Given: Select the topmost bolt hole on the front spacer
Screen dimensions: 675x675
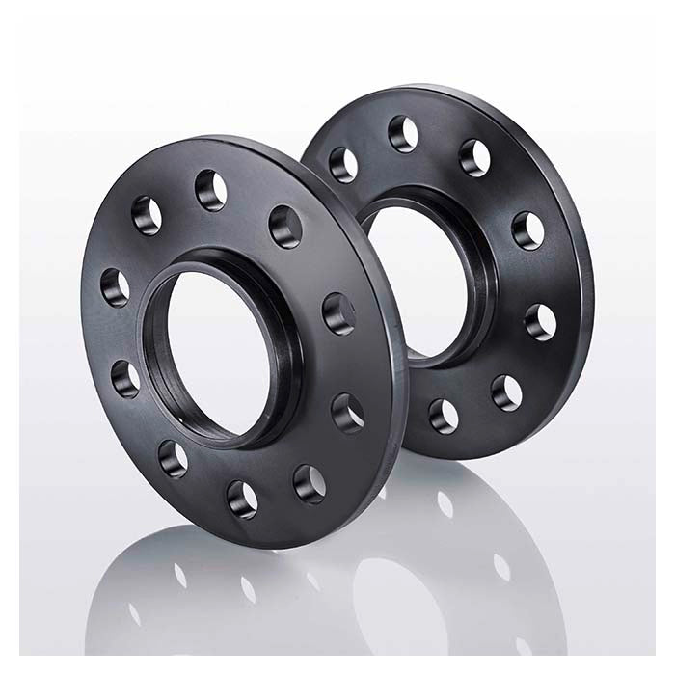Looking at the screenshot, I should pos(210,189).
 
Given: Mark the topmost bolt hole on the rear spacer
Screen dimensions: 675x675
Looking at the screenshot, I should pos(403,133).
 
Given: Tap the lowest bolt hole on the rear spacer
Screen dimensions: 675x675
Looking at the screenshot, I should pos(445,415).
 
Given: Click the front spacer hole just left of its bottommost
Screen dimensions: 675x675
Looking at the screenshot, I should pos(175,457).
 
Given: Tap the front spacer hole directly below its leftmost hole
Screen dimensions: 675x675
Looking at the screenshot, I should pos(125,378).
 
